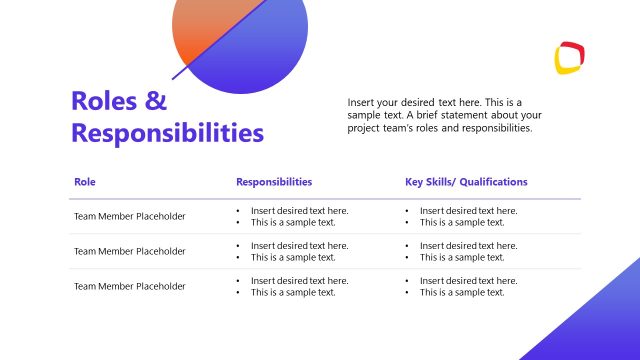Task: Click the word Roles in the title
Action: (104, 101)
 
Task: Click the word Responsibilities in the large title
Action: (167, 133)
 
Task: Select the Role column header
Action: (84, 182)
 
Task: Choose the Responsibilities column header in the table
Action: (274, 182)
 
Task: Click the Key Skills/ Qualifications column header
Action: (466, 182)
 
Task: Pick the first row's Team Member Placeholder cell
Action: (129, 216)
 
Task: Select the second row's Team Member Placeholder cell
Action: (129, 251)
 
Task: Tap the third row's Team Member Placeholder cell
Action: (129, 286)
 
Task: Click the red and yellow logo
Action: (569, 58)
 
